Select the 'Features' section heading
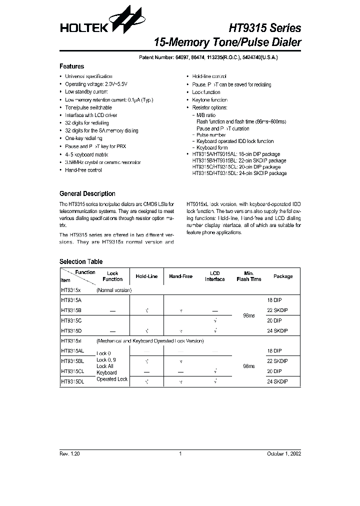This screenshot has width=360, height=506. coord(71,66)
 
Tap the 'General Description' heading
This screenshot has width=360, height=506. coord(87,193)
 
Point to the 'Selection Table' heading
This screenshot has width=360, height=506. coord(81,261)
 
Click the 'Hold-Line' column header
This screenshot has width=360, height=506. coord(146,276)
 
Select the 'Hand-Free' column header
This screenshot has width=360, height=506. coord(181,276)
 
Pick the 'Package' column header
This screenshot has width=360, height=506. coord(283,276)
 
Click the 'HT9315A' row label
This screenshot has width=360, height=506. coord(71,300)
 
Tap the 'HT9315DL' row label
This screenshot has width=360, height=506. coord(72,381)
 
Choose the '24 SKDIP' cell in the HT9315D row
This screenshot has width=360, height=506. coord(277,330)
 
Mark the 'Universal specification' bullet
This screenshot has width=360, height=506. coord(88,76)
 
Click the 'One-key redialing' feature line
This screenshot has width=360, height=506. coord(83,138)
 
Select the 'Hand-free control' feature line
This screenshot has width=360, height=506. coord(83,170)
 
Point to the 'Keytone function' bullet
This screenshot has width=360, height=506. coord(209,100)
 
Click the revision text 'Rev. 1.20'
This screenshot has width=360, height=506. coord(69,453)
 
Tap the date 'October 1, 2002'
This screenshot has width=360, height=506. coord(283,453)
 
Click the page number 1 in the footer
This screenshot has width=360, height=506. coord(180,453)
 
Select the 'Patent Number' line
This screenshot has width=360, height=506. coord(208,57)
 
